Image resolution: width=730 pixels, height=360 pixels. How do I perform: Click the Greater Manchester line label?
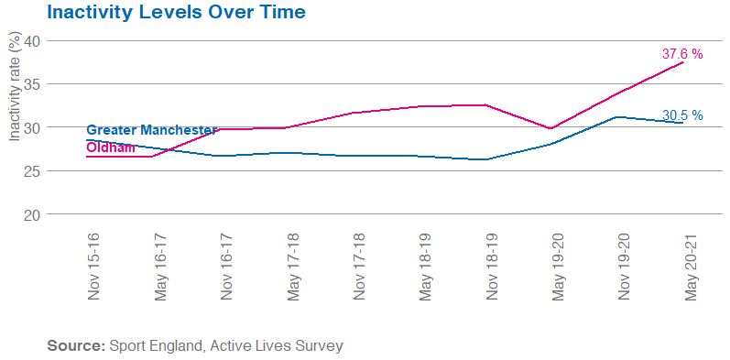[151, 131]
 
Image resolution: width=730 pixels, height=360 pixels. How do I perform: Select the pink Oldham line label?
[111, 147]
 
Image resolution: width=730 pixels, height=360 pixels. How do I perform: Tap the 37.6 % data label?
[682, 54]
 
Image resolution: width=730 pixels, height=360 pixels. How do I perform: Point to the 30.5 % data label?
[682, 115]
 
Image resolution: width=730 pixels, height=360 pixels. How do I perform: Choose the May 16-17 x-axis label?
[160, 266]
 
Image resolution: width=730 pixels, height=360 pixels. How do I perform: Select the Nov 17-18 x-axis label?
[357, 266]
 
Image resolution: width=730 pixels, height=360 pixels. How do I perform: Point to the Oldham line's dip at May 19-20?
[550, 128]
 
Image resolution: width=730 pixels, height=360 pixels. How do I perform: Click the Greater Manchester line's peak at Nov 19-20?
[617, 116]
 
